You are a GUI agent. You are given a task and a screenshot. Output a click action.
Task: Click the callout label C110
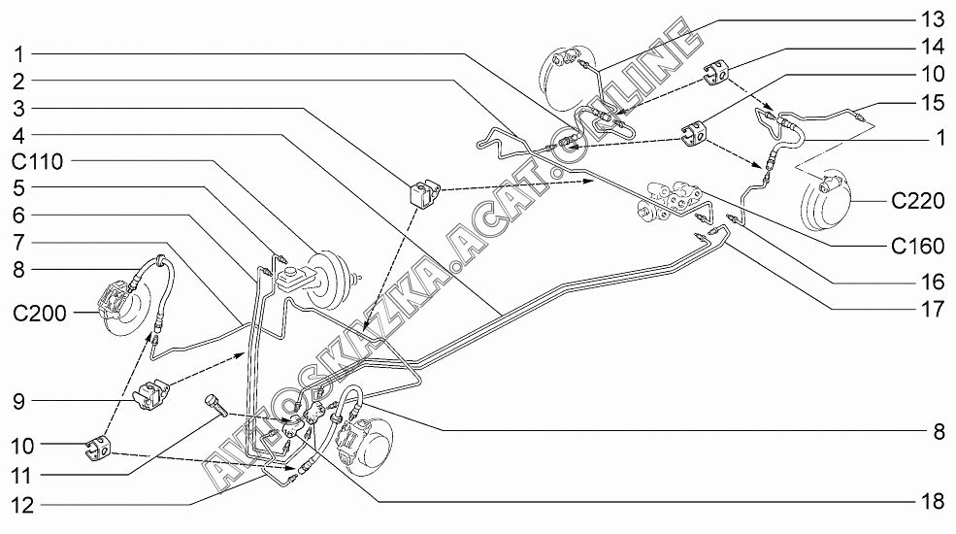pos(37,161)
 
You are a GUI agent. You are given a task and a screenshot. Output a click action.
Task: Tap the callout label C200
pos(40,313)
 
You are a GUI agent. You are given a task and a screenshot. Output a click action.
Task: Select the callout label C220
pos(917,201)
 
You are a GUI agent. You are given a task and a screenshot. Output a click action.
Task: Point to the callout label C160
pos(917,246)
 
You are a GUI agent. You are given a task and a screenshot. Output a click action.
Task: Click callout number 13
pos(933,18)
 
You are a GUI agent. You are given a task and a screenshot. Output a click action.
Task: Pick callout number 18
pos(933,501)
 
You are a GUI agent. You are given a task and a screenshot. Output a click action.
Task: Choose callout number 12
pos(23,505)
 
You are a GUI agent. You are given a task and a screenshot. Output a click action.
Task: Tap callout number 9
pos(18,401)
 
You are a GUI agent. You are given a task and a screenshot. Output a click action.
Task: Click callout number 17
pos(933,309)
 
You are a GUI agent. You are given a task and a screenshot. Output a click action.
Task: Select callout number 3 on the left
pos(18,109)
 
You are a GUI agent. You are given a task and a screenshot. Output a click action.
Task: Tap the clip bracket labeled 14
pos(717,73)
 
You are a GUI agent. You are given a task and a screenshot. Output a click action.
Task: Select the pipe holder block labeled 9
pos(151,394)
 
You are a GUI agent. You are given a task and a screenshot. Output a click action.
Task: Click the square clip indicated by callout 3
pos(424,192)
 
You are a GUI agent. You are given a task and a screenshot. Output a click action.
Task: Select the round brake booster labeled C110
pos(332,280)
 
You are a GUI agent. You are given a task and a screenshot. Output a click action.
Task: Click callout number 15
pos(933,102)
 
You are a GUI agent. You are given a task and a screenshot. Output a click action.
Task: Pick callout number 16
pos(933,281)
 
